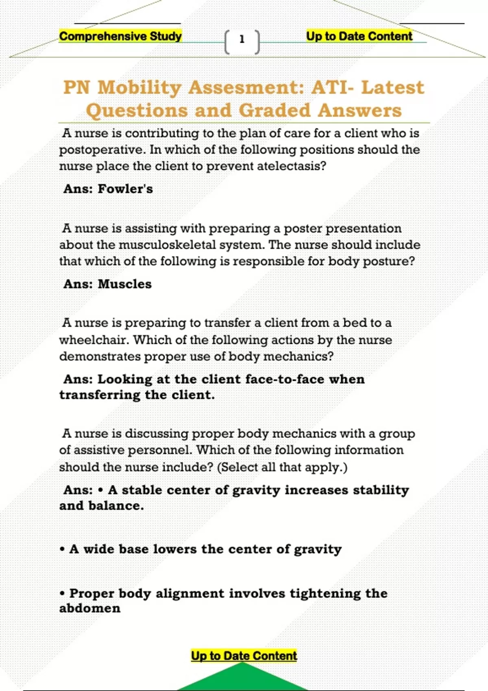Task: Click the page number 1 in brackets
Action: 242,39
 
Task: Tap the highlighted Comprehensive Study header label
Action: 120,36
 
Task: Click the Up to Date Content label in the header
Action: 359,36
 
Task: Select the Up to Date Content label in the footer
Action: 244,656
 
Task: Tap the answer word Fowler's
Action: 125,189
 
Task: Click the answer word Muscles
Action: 125,284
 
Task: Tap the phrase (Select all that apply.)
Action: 282,467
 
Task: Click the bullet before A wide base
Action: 62,550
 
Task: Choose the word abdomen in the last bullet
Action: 90,608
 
